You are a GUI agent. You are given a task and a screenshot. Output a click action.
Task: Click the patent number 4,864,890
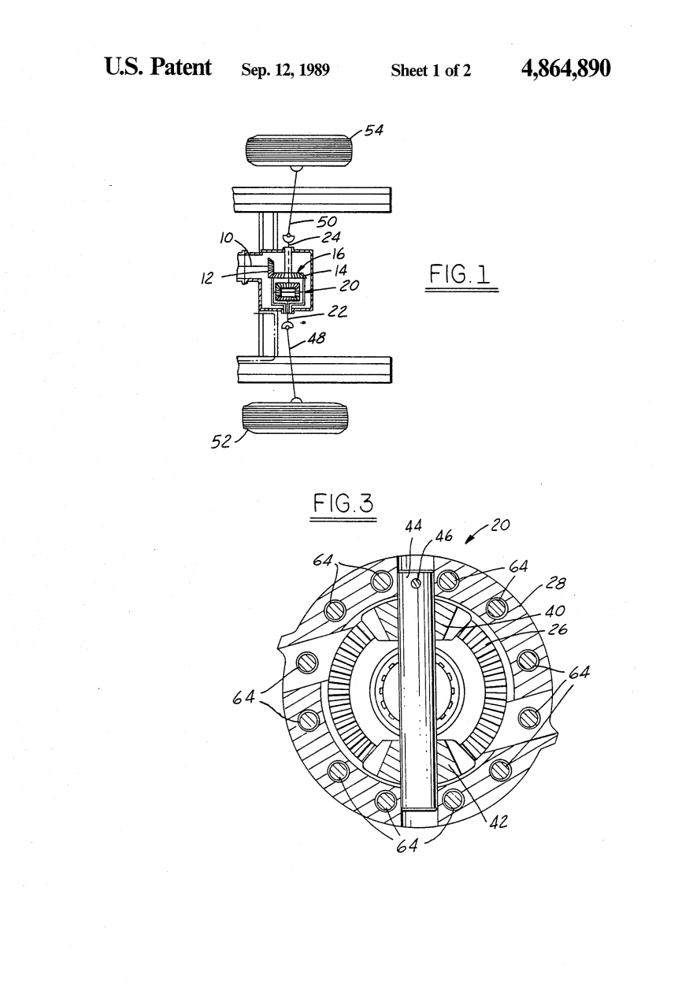(565, 69)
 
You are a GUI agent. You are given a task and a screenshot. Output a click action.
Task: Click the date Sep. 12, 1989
(285, 70)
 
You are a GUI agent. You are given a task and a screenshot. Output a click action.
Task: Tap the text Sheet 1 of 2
(431, 70)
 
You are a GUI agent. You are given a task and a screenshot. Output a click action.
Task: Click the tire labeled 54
(298, 150)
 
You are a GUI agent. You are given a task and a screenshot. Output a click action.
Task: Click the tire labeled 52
(295, 417)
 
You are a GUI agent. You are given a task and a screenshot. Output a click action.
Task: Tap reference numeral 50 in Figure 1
(327, 221)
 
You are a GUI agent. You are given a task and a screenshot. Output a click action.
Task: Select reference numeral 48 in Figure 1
(317, 338)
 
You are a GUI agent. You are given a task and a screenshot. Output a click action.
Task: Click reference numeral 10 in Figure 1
(226, 239)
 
